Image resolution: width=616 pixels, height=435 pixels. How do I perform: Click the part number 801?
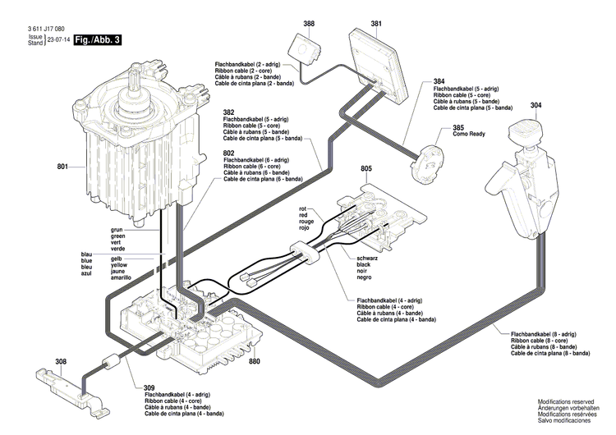tap(62, 168)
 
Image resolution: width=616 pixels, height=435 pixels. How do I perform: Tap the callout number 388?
tap(308, 24)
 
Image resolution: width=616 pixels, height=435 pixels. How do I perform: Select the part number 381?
tap(375, 24)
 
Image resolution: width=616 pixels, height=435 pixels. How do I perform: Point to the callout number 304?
tap(536, 106)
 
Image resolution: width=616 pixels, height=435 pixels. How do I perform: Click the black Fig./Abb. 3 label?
tap(97, 39)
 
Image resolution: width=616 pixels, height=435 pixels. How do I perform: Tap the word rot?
tap(301, 209)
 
